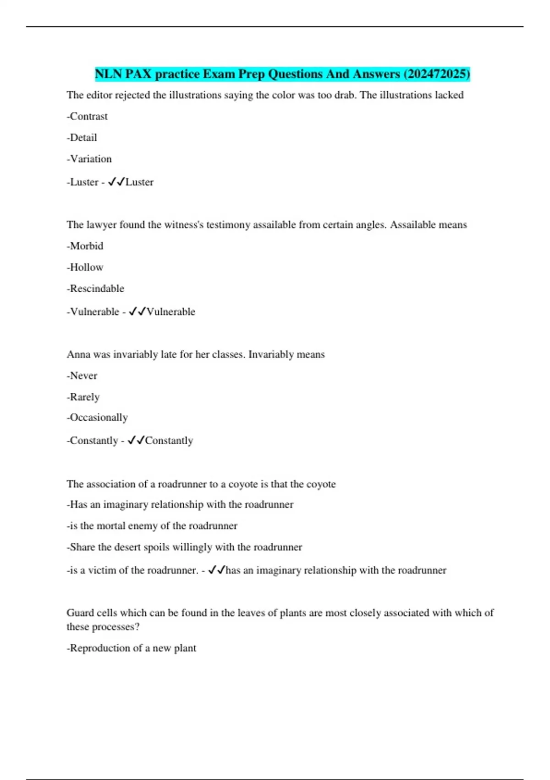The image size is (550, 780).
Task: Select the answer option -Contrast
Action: click(x=87, y=117)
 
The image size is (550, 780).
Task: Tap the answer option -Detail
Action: click(x=82, y=138)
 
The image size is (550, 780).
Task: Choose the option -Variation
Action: click(x=89, y=159)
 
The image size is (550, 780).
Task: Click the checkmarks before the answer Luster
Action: click(x=116, y=182)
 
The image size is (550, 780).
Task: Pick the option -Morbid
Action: click(x=85, y=246)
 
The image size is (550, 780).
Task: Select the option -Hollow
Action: click(x=85, y=267)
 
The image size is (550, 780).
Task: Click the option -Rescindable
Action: click(x=95, y=289)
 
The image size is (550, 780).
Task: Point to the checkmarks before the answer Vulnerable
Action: click(x=137, y=312)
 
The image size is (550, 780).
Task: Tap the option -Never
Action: click(x=82, y=376)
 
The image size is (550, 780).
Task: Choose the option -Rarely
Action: click(x=83, y=397)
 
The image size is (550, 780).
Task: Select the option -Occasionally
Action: click(x=97, y=418)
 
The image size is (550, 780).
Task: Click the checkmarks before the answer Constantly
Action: click(x=136, y=440)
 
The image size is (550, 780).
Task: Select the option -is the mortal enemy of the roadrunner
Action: click(x=152, y=526)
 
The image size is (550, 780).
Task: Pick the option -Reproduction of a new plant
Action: click(x=132, y=648)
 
